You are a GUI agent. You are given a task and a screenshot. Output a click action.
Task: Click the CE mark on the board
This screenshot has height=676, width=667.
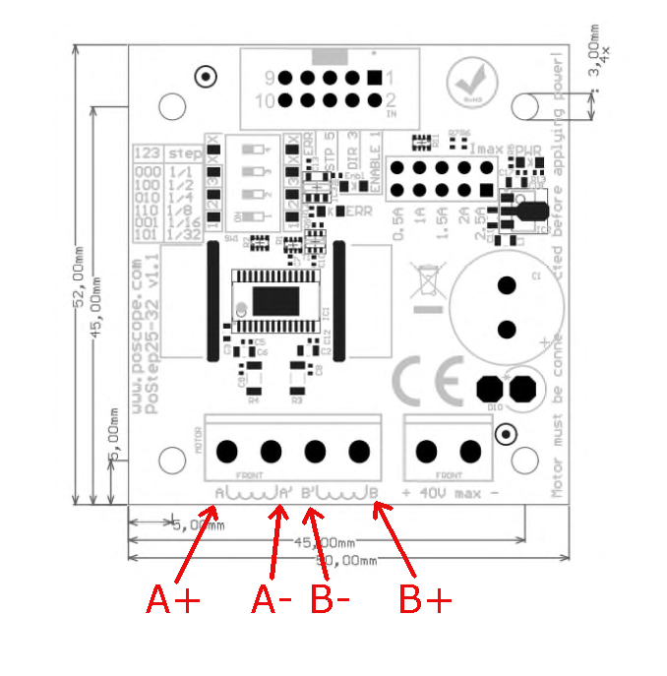pos(427,381)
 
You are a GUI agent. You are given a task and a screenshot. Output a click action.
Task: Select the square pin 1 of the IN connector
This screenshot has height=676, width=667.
pos(374,78)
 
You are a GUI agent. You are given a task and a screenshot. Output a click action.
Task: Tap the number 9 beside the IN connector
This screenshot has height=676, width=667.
pos(268,78)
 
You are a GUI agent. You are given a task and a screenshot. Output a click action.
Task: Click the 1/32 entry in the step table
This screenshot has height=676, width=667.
pos(184,233)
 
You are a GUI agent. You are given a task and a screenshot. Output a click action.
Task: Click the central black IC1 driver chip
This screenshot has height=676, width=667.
pos(269,296)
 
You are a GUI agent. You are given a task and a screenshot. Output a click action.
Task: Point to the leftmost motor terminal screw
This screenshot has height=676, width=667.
pos(226,452)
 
